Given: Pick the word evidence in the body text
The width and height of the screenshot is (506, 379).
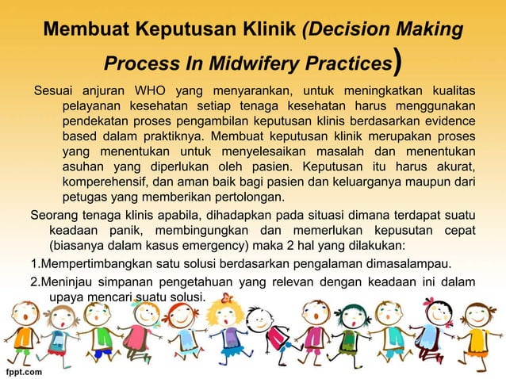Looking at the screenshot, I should pyautogui.click(x=447, y=121).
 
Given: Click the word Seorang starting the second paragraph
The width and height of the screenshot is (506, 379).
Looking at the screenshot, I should pyautogui.click(x=56, y=215).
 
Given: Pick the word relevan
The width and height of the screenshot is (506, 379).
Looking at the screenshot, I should pyautogui.click(x=277, y=281).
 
